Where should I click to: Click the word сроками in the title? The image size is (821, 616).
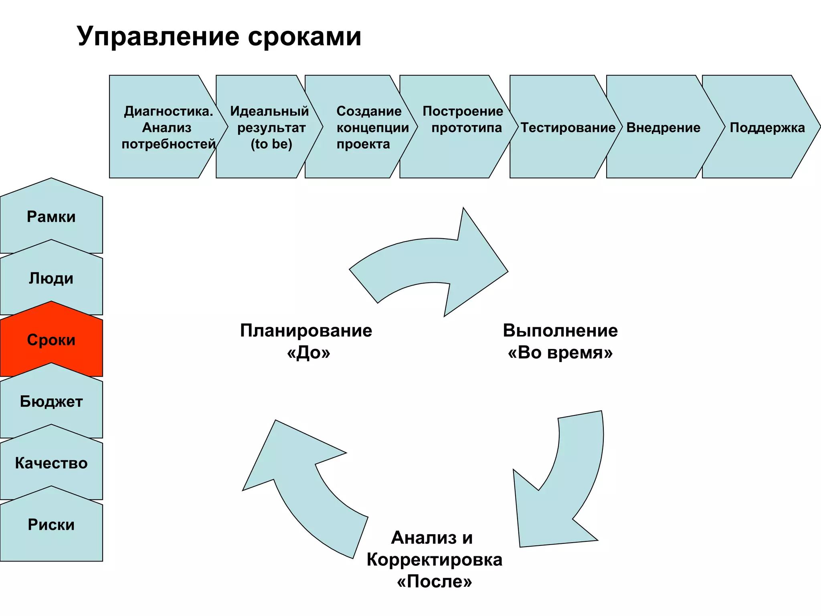point(305,37)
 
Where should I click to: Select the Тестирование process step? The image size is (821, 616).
point(568,128)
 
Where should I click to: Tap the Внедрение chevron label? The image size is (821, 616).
point(663,128)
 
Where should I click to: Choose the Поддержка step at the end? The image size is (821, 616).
point(767,128)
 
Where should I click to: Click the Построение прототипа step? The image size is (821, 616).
point(463,120)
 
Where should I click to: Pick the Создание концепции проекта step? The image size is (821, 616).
point(369,128)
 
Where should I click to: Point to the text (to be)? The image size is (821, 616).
point(271,144)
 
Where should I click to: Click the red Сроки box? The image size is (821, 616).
point(51,340)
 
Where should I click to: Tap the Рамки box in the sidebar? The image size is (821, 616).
point(51,217)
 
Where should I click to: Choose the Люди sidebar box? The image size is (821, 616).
point(51,279)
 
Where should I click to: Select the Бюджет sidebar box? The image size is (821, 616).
point(51,402)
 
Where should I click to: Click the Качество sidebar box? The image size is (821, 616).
point(51,464)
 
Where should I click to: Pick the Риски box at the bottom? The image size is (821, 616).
point(51,525)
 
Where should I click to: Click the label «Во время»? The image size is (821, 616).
point(560,353)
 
